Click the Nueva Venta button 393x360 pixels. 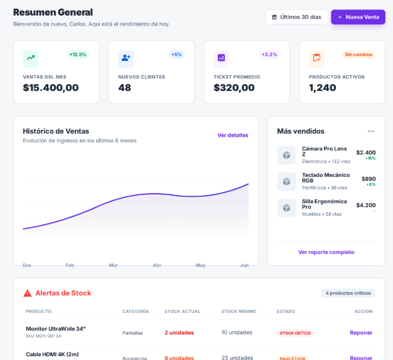click(x=358, y=17)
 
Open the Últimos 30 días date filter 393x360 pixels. click(x=296, y=17)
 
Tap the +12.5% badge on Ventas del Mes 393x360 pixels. click(x=78, y=55)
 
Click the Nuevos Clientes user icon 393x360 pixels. click(x=126, y=58)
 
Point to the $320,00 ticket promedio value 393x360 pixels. click(x=234, y=88)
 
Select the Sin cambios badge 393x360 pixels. click(x=358, y=55)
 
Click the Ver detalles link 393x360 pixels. click(x=233, y=135)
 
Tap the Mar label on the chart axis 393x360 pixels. click(x=113, y=265)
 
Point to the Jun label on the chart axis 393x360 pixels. click(x=244, y=265)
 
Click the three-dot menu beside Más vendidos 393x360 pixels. click(x=371, y=131)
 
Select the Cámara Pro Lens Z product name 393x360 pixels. click(x=325, y=151)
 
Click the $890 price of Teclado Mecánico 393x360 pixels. click(x=369, y=179)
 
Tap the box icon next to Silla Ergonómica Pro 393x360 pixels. click(x=286, y=208)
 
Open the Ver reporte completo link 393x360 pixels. click(x=326, y=252)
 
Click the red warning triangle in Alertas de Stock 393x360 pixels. click(x=28, y=293)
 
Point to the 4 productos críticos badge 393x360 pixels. click(x=348, y=293)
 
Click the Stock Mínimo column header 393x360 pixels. click(x=239, y=311)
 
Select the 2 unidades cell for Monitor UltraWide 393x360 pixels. click(x=179, y=332)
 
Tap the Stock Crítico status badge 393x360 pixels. click(x=295, y=333)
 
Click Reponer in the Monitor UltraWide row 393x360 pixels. click(x=361, y=332)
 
